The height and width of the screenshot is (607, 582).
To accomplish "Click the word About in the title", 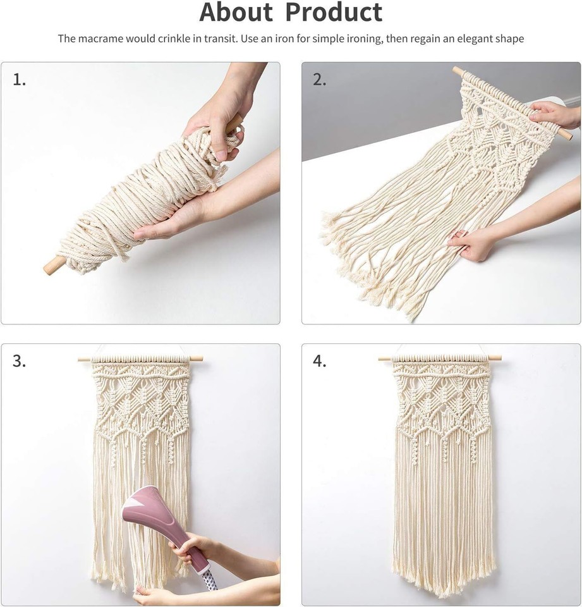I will pyautogui.click(x=236, y=13).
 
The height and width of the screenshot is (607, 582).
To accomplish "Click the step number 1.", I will pyautogui.click(x=20, y=80).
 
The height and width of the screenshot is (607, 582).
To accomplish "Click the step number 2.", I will pyautogui.click(x=320, y=80).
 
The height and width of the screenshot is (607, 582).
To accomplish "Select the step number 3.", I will pyautogui.click(x=20, y=361).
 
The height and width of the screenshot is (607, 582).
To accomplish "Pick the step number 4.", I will pyautogui.click(x=320, y=361).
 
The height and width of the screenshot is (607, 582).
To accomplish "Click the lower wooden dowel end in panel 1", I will pyautogui.click(x=51, y=266).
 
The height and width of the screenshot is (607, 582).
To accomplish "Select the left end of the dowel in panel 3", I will pyautogui.click(x=83, y=359).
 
